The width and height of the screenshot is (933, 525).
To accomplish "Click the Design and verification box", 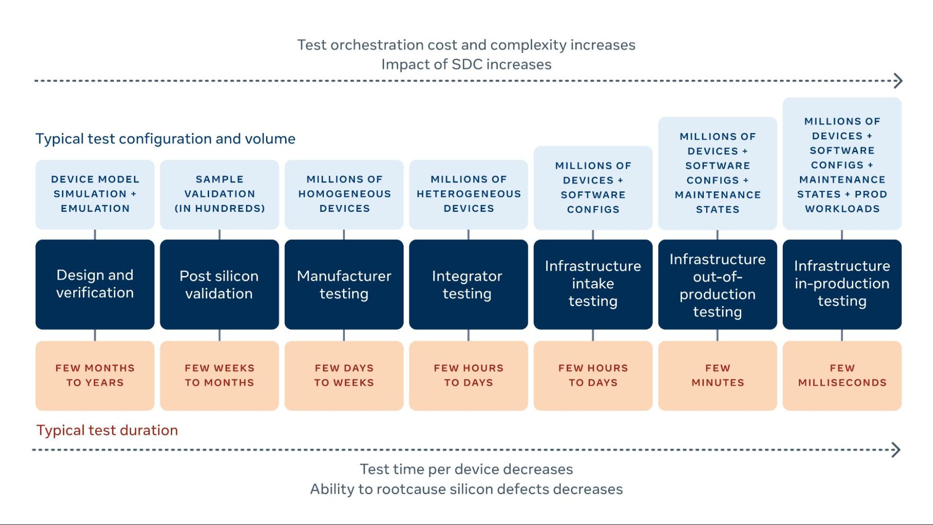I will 95,284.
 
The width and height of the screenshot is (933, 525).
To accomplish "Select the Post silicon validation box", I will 219,284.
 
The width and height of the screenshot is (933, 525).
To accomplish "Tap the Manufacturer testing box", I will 344,284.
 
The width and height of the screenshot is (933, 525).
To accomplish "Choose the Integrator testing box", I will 468,284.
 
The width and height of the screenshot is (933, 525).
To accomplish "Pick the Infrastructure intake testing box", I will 593,284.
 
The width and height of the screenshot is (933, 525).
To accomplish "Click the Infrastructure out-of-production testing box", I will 717,284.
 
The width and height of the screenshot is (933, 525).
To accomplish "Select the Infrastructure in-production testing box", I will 842,284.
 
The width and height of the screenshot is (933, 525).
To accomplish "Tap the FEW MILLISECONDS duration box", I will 842,375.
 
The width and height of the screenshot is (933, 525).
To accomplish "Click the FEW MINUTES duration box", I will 717,375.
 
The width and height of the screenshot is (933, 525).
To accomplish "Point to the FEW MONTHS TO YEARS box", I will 95,375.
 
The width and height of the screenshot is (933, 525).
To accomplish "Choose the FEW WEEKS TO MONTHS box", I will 219,375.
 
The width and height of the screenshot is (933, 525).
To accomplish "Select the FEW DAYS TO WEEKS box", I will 344,375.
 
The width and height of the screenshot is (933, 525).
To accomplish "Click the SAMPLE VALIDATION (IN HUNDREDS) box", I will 219,194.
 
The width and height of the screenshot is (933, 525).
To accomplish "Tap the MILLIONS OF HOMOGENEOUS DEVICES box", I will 344,194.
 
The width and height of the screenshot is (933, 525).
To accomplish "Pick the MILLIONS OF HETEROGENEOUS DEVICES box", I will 468,194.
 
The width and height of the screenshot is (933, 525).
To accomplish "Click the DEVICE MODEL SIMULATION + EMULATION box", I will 95,194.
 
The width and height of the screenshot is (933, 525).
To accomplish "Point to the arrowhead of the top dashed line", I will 898,81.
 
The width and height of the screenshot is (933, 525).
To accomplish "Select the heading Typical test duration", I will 107,430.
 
